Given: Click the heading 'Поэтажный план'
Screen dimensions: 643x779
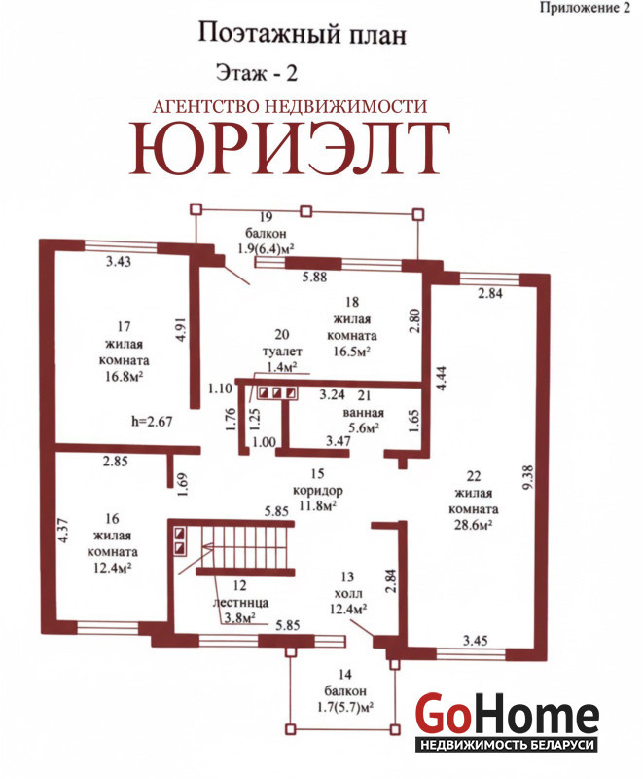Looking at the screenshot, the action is click(x=303, y=35).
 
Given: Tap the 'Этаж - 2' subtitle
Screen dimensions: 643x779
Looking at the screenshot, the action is click(x=257, y=73).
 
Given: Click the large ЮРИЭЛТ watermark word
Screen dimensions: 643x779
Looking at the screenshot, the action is click(x=290, y=149).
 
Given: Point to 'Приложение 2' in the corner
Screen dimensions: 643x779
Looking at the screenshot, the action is click(x=585, y=8).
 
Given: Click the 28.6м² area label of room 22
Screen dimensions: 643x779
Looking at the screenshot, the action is click(x=474, y=525).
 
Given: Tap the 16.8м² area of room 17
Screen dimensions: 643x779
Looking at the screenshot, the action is click(x=125, y=377).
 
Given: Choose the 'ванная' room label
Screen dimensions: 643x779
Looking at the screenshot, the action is click(x=363, y=413).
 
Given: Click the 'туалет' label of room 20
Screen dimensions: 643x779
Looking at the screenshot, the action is click(x=282, y=352).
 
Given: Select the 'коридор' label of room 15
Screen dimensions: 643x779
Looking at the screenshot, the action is click(x=317, y=491).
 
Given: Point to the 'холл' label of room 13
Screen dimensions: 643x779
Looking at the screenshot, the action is click(x=348, y=593).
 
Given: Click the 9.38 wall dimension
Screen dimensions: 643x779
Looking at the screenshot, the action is click(x=528, y=477).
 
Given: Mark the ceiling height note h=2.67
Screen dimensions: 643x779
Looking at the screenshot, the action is click(x=152, y=422).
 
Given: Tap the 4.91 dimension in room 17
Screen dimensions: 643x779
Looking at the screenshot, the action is click(x=182, y=329).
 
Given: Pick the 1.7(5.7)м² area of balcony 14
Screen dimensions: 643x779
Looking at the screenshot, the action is click(x=345, y=707).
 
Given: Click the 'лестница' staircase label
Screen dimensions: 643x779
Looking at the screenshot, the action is click(x=240, y=603).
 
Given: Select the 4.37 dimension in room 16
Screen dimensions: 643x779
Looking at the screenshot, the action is click(x=62, y=531).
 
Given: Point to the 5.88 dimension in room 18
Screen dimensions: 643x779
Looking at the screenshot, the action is click(x=314, y=277).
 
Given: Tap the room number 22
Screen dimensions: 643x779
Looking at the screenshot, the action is click(x=474, y=476).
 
